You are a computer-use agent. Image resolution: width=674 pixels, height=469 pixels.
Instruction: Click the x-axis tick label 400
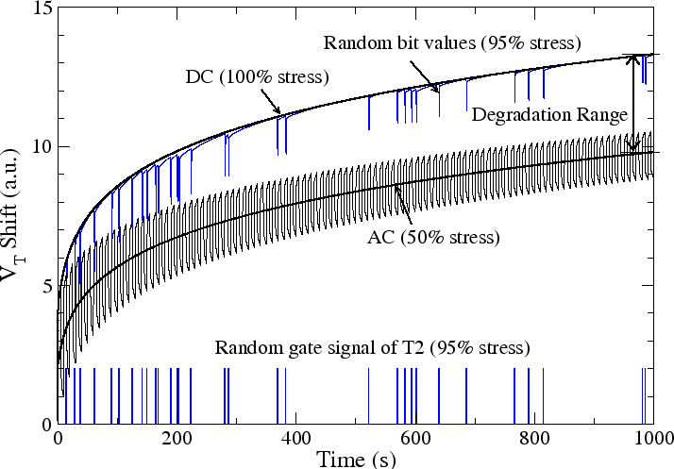296,439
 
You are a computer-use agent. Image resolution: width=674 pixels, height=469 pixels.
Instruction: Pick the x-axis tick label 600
415,439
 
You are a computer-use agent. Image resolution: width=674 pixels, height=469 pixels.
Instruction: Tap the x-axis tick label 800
534,439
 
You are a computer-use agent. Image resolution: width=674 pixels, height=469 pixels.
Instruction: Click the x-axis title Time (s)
356,459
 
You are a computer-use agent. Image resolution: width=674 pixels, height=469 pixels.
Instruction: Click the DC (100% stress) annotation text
256,76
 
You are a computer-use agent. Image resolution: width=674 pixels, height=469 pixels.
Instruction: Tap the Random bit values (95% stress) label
451,43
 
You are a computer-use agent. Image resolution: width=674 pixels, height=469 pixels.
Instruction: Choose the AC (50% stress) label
432,235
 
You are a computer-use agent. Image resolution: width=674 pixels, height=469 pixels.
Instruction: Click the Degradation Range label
548,115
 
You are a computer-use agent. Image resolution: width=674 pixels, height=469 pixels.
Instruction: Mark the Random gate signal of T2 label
373,347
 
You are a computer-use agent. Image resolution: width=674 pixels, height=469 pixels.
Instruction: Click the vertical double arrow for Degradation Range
633,104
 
